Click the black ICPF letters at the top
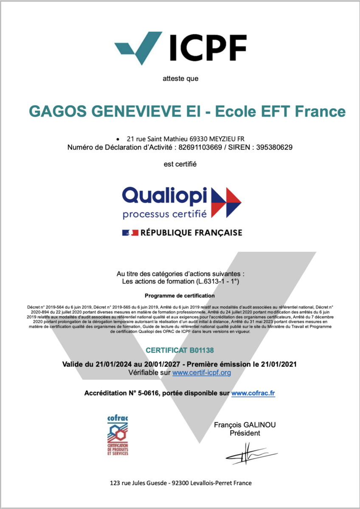click(x=208, y=48)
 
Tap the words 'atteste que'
click(x=180, y=78)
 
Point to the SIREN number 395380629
click(x=272, y=147)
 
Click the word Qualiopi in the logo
click(x=165, y=196)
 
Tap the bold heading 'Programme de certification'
click(x=180, y=295)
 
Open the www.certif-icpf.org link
click(x=202, y=372)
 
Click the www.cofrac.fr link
click(x=253, y=393)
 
